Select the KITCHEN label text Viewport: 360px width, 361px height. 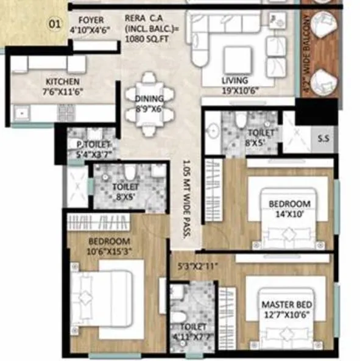click(63, 81)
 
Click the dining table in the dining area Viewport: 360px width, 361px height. click(149, 98)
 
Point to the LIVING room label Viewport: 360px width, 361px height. click(235, 80)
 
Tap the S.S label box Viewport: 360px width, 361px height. click(323, 138)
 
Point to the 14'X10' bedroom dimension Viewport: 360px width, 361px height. click(290, 213)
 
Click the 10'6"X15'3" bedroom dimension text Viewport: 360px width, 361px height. click(110, 251)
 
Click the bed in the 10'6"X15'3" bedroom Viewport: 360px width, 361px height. click(107, 299)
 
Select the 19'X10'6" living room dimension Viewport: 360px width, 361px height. click(235, 90)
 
